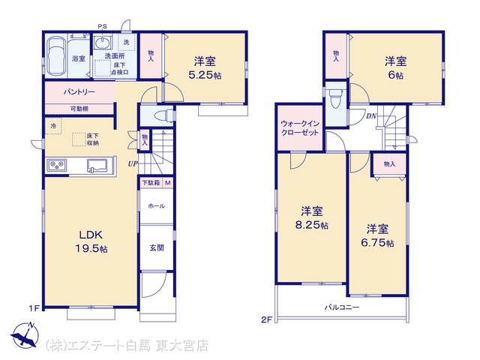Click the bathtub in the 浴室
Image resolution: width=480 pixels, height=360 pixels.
[x=56, y=56]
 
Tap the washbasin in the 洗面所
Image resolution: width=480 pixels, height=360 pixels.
[x=102, y=42]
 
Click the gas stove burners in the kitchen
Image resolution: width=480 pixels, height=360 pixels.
[x=57, y=165]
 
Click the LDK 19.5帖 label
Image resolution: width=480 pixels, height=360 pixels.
[x=91, y=241]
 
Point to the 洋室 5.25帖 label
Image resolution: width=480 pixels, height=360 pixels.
[x=205, y=68]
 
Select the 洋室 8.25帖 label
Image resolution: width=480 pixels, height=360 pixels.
[x=312, y=218]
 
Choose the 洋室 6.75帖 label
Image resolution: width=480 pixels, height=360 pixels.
[x=377, y=235]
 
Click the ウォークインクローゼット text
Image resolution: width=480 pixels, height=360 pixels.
[x=300, y=128]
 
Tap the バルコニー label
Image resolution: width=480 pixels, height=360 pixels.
[x=342, y=307]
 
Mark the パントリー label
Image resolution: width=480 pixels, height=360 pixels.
[x=79, y=91]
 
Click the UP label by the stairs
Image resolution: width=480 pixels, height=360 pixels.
[x=133, y=163]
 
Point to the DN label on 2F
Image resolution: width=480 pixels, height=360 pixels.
[x=371, y=116]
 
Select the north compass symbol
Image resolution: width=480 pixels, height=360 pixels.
[x=25, y=335]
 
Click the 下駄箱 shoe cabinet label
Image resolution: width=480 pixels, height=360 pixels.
[x=151, y=183]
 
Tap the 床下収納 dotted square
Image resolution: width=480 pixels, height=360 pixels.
[x=79, y=139]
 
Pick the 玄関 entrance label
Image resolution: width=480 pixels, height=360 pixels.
[x=157, y=247]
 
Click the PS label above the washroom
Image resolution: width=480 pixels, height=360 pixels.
[x=102, y=26]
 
